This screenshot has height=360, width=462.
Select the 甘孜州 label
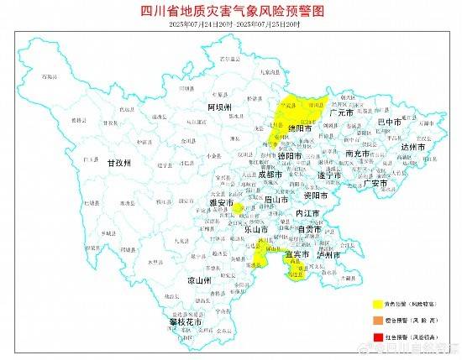tap(118, 164)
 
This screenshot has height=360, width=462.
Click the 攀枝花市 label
tap(186, 321)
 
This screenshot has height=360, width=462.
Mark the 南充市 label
tap(359, 154)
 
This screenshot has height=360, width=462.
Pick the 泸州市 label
tap(330, 255)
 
